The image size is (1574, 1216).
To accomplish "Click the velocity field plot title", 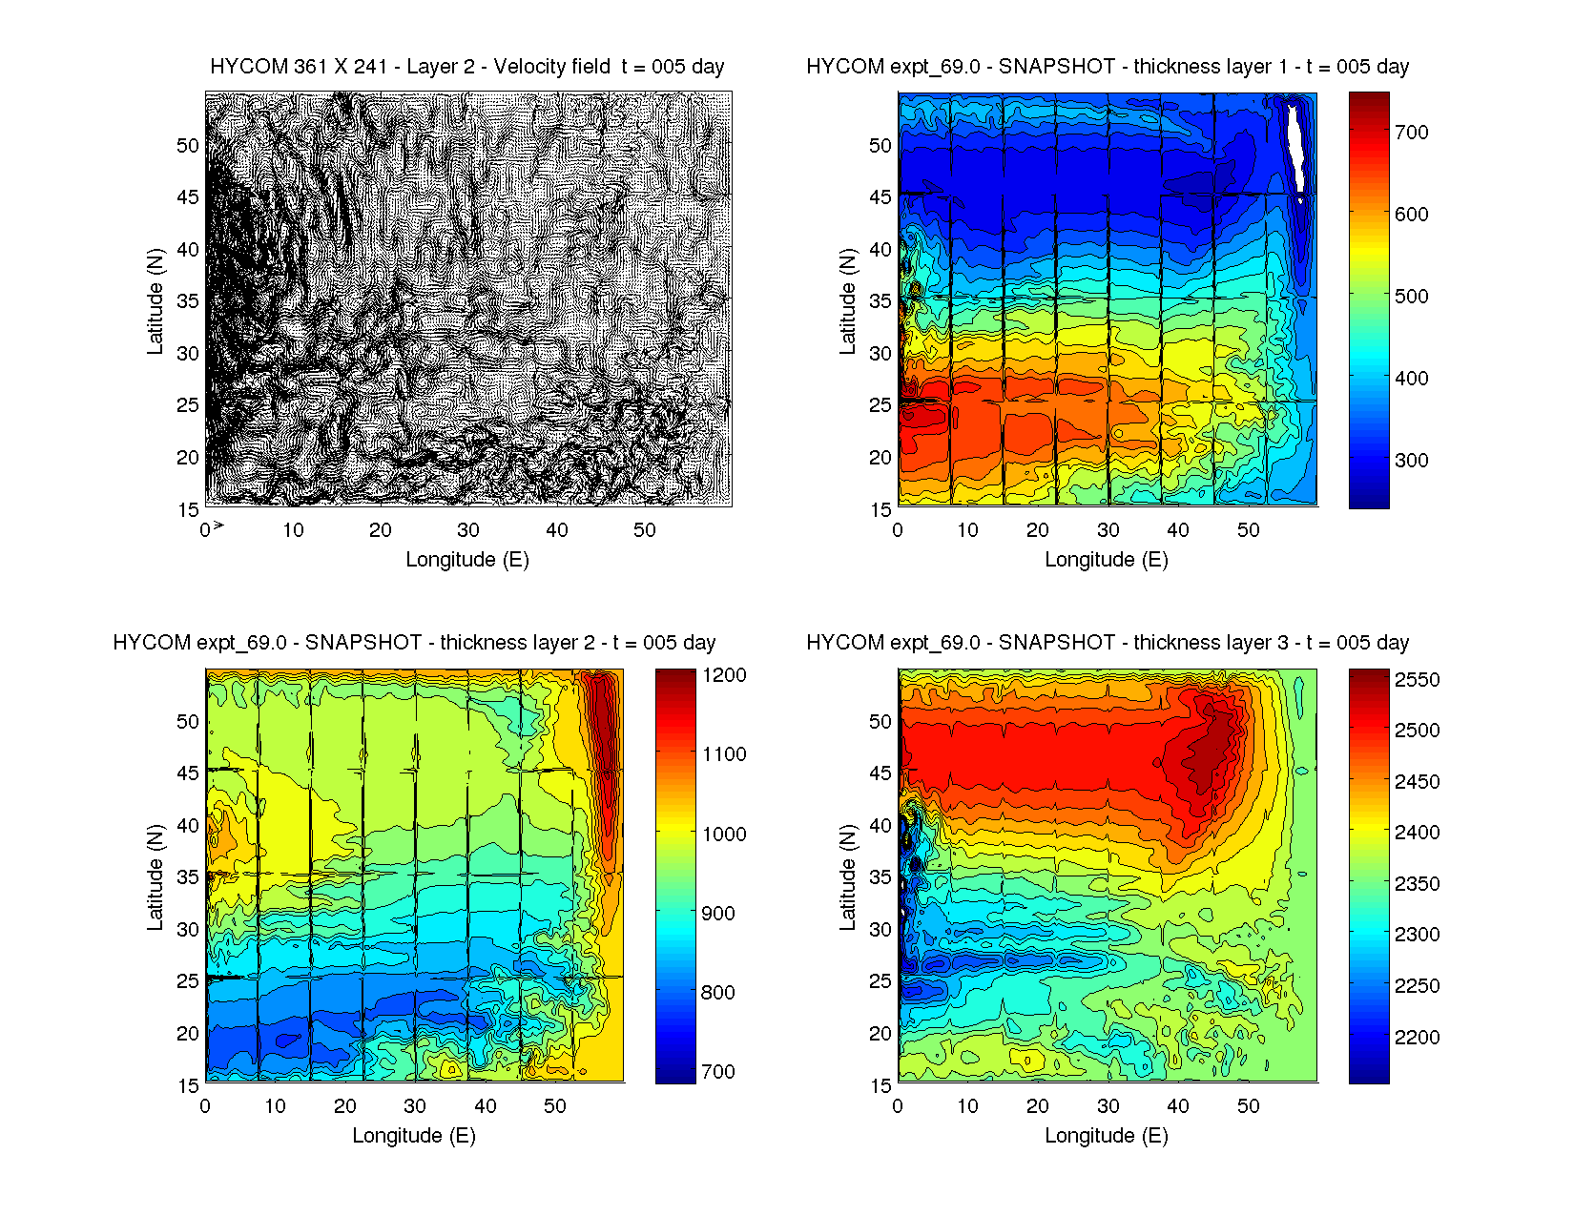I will pos(466,67).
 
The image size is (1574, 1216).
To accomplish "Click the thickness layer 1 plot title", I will pos(1108,67).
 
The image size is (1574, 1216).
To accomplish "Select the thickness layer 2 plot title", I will pos(414,643).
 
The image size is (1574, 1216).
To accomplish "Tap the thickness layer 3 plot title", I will pos(1108,643).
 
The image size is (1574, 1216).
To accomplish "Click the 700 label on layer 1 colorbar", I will pos(1411,133).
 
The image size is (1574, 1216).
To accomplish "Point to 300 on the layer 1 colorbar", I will pos(1411,461).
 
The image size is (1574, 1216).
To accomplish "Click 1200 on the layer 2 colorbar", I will pos(724,675).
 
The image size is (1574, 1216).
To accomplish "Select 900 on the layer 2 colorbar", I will pos(717,914).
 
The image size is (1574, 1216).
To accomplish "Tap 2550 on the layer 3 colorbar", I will pos(1417,680).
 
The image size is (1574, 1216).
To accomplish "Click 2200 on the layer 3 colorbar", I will pos(1417,1038).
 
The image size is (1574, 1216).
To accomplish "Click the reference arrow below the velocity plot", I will pos(218,525).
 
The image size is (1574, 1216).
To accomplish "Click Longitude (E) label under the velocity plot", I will pos(467,560).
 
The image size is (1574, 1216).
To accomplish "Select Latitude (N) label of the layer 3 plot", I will pos(847,877).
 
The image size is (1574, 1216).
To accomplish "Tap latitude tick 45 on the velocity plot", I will pos(188,197).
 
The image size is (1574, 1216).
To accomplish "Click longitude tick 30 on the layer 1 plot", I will pos(1108,530).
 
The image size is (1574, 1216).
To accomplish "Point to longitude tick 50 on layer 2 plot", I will pos(555,1106).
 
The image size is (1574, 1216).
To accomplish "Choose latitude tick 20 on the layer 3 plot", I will pos(880,1034).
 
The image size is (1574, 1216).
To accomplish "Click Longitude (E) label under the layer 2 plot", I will pos(414,1136).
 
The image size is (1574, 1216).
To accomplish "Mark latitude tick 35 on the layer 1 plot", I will pos(880,301).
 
